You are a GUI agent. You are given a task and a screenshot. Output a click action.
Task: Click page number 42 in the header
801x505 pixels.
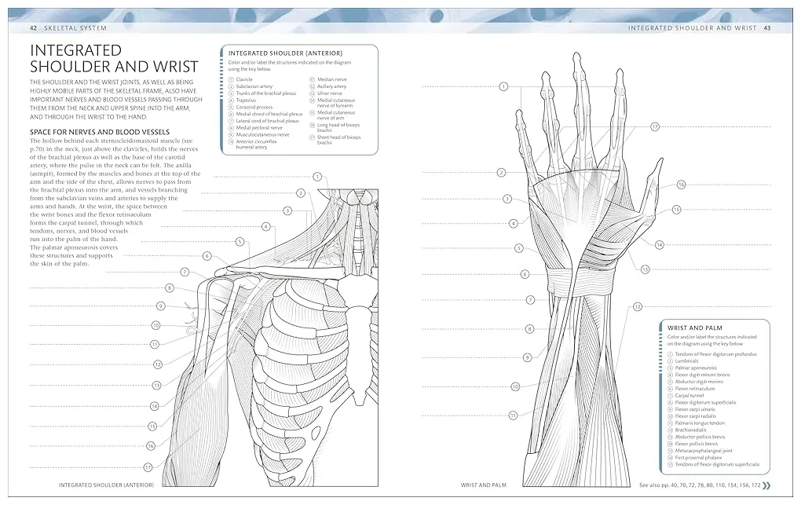33,27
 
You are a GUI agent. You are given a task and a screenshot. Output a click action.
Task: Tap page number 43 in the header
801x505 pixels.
766,27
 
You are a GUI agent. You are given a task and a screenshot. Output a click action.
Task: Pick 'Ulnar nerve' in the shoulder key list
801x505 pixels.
330,93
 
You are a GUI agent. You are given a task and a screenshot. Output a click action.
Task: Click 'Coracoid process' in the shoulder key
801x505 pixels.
254,107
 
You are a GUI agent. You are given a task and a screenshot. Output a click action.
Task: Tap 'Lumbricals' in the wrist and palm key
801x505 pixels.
690,360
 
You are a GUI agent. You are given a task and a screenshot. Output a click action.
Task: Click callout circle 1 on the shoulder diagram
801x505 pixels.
317,177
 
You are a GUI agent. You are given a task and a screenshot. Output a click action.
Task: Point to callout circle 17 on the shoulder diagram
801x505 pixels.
148,467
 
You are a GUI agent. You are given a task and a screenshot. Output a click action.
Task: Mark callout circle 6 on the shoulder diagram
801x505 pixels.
207,256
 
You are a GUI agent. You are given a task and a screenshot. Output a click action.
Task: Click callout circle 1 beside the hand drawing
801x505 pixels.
503,86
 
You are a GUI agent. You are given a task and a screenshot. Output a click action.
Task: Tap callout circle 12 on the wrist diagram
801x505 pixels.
638,306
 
